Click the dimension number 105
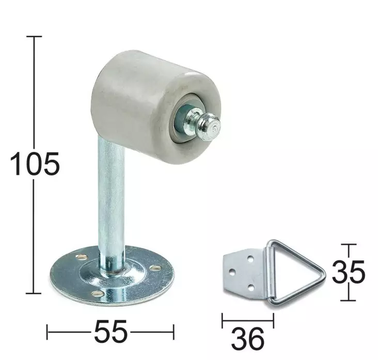pos(35,164)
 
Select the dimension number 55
pos(111,332)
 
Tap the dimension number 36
pos(248,339)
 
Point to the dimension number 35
pos(349,272)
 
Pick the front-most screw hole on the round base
pos(98,293)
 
